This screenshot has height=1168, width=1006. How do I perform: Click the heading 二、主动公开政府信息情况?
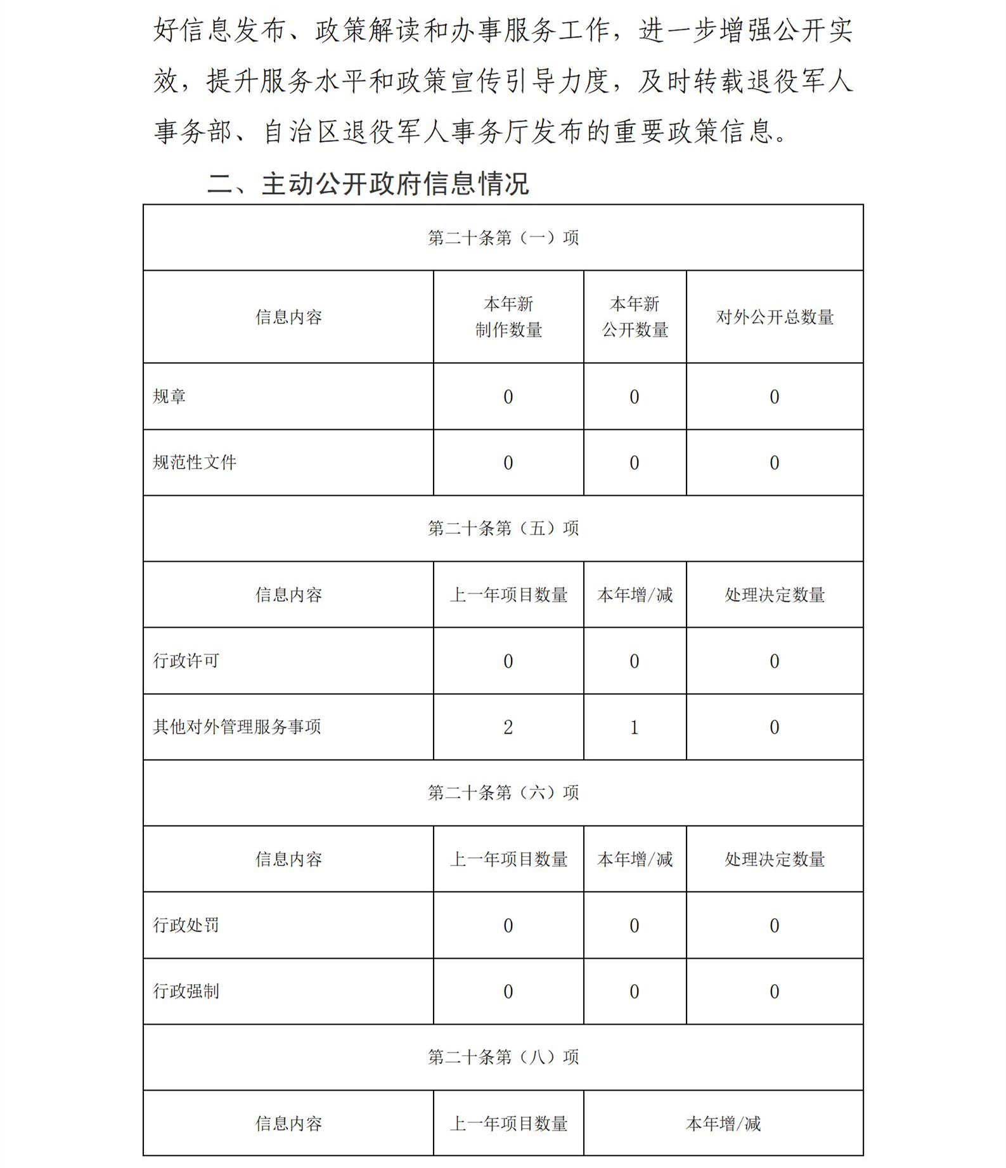(x=368, y=184)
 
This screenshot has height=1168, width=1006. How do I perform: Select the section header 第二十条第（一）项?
(x=503, y=238)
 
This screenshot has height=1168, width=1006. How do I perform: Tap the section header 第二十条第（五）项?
(x=503, y=528)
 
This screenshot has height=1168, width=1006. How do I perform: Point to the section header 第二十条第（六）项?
(x=503, y=793)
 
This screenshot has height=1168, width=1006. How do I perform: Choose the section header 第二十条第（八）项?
(x=503, y=1057)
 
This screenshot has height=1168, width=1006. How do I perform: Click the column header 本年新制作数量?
(x=508, y=317)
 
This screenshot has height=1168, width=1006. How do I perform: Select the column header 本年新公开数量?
(x=635, y=317)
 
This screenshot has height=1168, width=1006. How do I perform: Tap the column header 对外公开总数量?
(x=775, y=317)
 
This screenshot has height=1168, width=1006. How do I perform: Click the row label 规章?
(x=169, y=397)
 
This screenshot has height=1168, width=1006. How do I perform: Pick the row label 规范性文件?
(x=195, y=463)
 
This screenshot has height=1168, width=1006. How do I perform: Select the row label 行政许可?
(x=186, y=661)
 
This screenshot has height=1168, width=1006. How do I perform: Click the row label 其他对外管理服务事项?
(x=236, y=727)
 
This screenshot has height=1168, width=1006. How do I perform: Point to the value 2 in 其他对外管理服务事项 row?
(x=508, y=727)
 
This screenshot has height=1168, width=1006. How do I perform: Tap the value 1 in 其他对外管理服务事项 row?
(x=634, y=727)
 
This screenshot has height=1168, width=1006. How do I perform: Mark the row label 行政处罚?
(x=186, y=926)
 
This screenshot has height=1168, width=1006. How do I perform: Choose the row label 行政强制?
(x=186, y=992)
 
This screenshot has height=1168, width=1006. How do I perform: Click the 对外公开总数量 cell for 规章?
(x=774, y=397)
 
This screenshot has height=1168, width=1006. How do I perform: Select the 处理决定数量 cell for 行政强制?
(x=774, y=992)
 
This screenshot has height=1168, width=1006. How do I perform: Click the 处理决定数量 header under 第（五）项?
(x=775, y=595)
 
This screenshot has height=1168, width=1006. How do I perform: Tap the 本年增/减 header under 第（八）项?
(x=723, y=1124)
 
